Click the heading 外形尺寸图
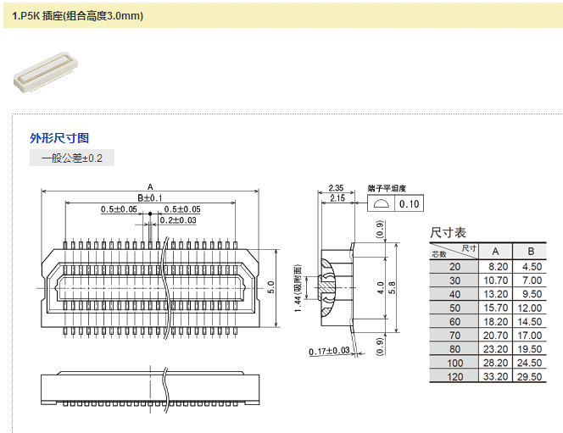point(59,138)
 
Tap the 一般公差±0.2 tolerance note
point(71,158)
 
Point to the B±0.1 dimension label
point(149,197)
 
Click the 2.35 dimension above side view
point(336,188)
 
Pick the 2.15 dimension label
point(336,198)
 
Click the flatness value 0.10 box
point(410,204)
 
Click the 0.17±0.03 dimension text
point(330,351)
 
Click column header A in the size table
point(496,251)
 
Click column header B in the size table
point(531,251)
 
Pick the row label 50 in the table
point(455,308)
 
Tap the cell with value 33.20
point(496,375)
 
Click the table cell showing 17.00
point(531,335)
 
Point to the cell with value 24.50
point(531,362)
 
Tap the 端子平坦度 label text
point(387,188)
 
